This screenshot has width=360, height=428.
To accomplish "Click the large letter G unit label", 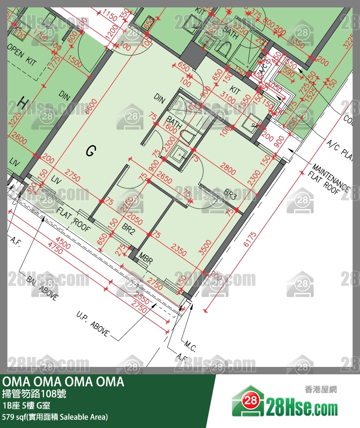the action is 91,151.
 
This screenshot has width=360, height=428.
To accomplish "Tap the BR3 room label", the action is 230,194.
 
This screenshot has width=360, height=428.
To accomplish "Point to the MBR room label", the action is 145,258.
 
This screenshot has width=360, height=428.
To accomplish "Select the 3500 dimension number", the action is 206,248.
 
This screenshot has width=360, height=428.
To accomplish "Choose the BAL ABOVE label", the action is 42,287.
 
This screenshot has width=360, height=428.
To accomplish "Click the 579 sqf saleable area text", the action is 55,417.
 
